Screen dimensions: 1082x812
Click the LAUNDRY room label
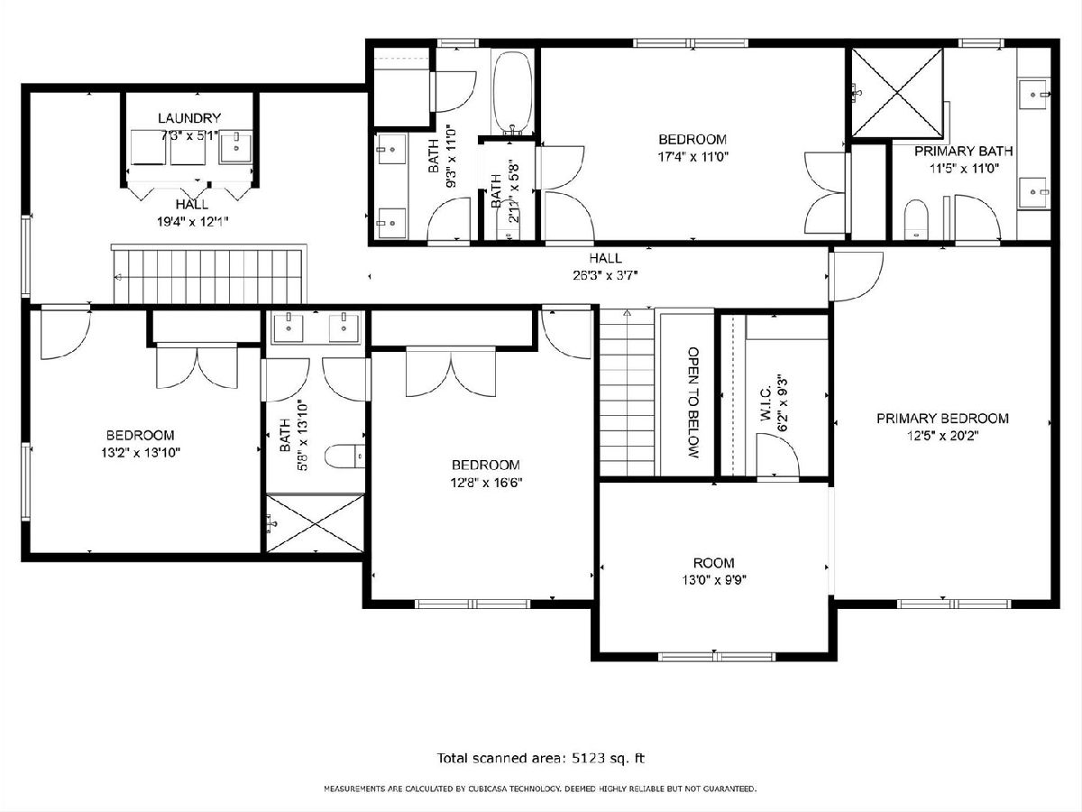tap(189, 118)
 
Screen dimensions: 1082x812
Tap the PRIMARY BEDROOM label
tap(942, 419)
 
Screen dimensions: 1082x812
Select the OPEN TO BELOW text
tap(693, 402)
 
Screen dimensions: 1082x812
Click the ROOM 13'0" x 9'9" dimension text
tap(714, 580)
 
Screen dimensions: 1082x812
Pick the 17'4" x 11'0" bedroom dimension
tap(693, 157)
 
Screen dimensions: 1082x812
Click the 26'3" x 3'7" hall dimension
tap(605, 275)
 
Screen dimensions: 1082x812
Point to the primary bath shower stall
tap(897, 92)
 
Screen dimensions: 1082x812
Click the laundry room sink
tap(235, 146)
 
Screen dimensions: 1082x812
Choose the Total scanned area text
tap(541, 758)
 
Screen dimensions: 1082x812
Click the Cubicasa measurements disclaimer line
tap(540, 789)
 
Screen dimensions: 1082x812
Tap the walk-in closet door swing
tap(777, 455)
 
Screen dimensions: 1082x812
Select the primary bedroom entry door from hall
tap(856, 276)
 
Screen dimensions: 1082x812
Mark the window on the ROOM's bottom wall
tap(717, 656)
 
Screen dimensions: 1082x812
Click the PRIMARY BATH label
tap(964, 151)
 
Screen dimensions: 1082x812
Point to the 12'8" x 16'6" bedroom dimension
tap(486, 482)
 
